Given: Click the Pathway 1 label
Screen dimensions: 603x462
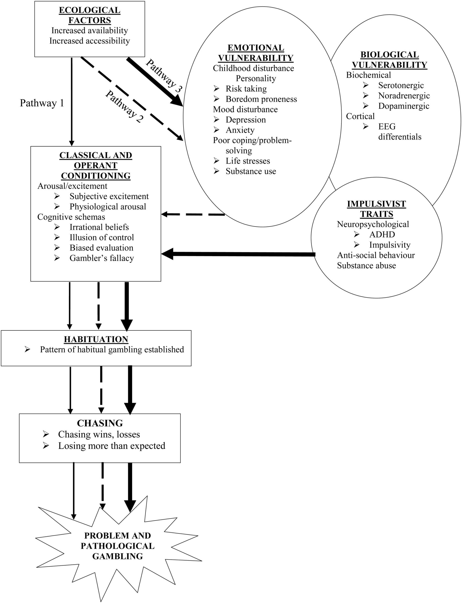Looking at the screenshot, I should point(42,103).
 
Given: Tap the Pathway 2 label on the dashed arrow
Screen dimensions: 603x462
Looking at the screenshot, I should point(124,106).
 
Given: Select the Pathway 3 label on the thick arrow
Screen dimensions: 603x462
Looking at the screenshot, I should point(164,76).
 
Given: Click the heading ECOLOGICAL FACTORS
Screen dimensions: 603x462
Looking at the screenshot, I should point(90,15).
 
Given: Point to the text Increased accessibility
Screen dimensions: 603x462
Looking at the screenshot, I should point(90,41).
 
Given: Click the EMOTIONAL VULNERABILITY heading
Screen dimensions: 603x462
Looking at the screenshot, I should point(256,53).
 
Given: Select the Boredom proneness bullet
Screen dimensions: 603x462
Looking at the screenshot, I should point(261,99).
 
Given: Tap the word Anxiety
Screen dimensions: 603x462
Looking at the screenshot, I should point(240,130).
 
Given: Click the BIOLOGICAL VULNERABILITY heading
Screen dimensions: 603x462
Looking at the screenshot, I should point(389,60).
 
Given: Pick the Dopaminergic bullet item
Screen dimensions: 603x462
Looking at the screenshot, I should point(404,106).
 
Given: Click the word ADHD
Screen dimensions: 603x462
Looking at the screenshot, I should point(382,234).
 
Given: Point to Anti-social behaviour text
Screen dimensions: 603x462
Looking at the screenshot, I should point(376,255).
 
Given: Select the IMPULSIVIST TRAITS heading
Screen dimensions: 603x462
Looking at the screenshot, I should point(376,209).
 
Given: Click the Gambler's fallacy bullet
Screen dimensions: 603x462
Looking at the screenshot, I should point(101,258).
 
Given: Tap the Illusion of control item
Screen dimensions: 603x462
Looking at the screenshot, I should point(101,237).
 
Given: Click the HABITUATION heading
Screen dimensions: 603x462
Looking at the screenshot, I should point(96,339).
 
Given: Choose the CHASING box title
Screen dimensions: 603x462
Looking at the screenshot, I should point(100,423).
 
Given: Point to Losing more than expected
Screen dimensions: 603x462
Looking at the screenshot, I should point(111,446).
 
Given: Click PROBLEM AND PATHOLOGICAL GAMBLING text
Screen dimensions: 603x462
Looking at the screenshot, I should point(117,546).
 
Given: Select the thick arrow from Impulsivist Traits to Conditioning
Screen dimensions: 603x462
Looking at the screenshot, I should point(239,254).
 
